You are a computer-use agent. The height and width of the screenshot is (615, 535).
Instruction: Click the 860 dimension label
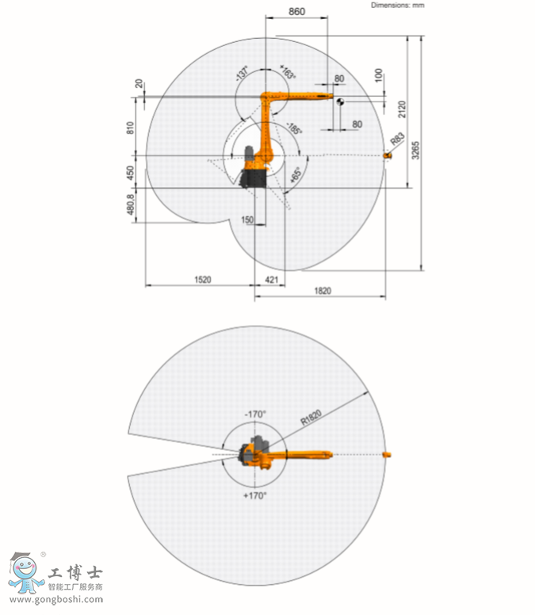tap(297, 11)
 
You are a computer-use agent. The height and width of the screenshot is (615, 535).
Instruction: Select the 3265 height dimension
tap(415, 151)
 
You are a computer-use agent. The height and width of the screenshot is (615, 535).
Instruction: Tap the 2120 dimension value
tap(402, 109)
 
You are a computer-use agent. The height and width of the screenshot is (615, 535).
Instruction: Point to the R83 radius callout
tap(397, 139)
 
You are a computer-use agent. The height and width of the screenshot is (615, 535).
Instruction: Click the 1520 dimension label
tap(203, 280)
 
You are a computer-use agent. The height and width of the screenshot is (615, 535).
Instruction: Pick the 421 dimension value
tap(271, 280)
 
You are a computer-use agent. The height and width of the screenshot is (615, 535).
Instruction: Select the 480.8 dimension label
tap(130, 204)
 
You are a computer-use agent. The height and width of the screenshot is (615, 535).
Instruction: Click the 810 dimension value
tap(130, 128)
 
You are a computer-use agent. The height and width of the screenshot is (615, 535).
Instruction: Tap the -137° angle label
tap(243, 74)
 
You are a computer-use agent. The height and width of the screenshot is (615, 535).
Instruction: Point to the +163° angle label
tap(288, 72)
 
